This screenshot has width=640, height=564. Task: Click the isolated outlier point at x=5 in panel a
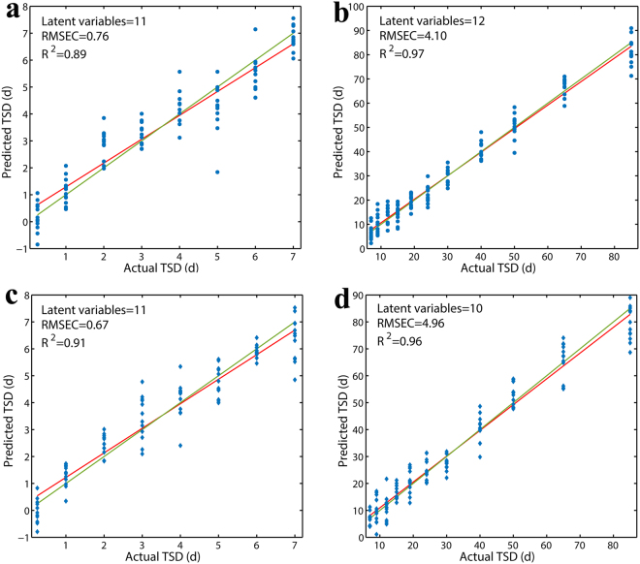tap(218, 172)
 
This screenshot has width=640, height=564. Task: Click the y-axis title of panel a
tap(9, 131)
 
